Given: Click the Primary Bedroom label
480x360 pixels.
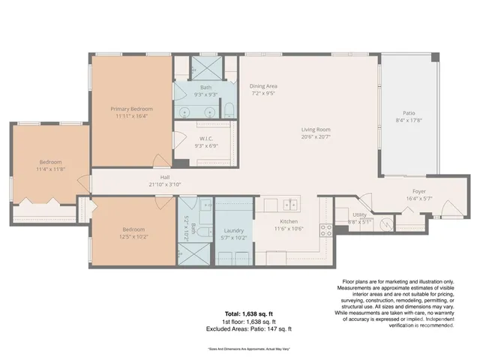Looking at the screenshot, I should coord(130,109).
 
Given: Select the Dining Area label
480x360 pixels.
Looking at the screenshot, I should coord(263,86).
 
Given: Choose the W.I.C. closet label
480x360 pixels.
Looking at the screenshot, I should coord(207,138).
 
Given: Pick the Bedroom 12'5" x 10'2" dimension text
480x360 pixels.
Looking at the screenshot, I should coord(133,237).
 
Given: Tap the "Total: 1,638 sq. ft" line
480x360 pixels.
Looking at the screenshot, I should coord(238,313).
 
